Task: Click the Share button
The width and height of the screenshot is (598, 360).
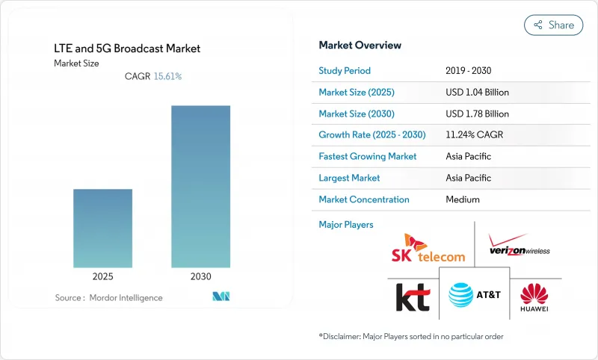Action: point(553,25)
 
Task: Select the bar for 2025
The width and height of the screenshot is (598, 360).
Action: point(102,228)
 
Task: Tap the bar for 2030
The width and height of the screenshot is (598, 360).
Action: point(200,186)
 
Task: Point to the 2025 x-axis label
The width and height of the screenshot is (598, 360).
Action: point(102,276)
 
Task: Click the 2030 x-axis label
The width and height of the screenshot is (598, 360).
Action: point(200,276)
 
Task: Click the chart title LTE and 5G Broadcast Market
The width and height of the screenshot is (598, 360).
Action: point(127,49)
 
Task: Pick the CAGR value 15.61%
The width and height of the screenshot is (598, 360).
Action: point(167,76)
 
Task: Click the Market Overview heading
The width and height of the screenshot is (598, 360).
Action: point(360,45)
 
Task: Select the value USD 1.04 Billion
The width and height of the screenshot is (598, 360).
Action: point(476,93)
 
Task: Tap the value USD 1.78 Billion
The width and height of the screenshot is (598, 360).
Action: point(476,114)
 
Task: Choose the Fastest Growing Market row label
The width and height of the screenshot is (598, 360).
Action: point(368,157)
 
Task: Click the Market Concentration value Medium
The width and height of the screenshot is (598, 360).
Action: point(462,199)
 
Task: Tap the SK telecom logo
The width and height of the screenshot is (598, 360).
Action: point(428,248)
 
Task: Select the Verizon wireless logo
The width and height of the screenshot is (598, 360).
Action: point(518,246)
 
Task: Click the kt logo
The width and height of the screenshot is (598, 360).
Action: point(413,297)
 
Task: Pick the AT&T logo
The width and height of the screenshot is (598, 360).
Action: point(474,294)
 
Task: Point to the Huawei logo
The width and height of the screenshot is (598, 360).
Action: point(534,297)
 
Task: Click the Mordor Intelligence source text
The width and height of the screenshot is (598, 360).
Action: point(108,298)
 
